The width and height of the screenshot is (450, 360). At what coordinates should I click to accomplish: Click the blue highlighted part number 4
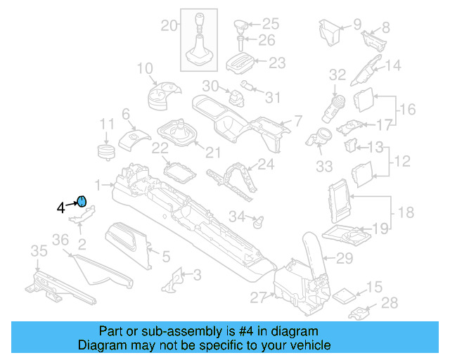[x=81, y=202]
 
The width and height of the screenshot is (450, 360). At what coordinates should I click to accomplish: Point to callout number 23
[x=277, y=63]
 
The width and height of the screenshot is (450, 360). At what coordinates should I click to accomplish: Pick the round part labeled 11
[x=105, y=152]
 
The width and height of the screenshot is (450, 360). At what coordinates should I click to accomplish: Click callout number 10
[x=144, y=69]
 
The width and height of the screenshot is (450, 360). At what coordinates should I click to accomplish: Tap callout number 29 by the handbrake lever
[x=344, y=258]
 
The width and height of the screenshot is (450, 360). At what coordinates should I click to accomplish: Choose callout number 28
[x=389, y=303]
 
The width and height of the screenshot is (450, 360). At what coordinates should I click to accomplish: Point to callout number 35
[x=38, y=250]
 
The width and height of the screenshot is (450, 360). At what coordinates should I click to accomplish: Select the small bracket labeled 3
[x=170, y=281]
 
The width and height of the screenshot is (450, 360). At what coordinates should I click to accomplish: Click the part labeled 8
[x=372, y=37]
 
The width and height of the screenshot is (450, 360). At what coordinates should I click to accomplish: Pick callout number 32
[x=337, y=74]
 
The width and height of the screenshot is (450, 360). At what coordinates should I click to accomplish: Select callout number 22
[x=160, y=148]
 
